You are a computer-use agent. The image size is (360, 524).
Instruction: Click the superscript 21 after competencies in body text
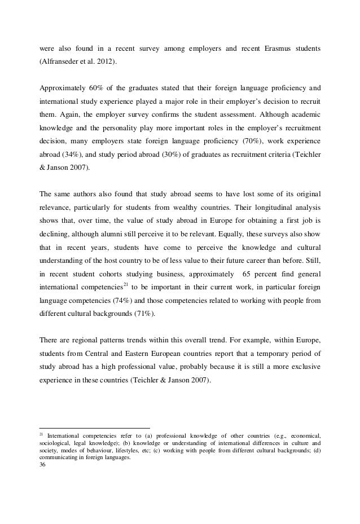pos(126,283)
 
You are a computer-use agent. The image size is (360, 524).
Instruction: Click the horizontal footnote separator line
pos(95,428)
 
